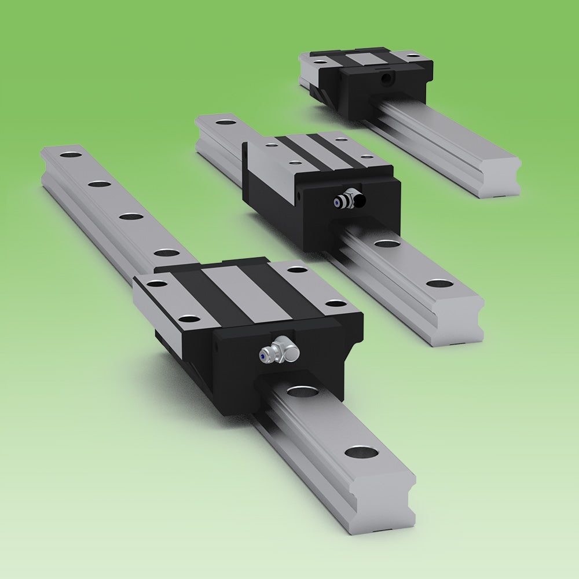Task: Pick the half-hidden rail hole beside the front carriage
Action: pos(298,391)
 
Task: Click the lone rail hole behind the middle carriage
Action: pos(225,122)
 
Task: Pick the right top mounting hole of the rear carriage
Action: pos(412,56)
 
